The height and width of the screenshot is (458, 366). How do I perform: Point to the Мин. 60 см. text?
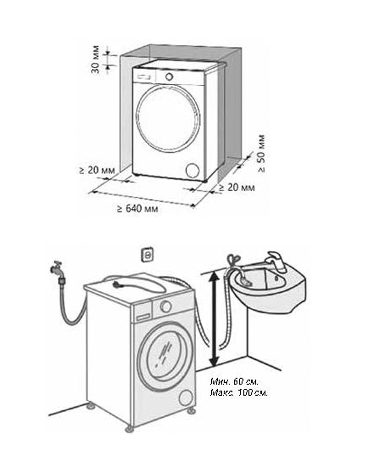pos(235,381)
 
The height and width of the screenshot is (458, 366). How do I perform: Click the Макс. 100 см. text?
pos(239,393)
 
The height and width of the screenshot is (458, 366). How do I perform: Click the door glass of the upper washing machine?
pos(168,119)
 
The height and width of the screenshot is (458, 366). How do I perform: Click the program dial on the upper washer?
pos(169,76)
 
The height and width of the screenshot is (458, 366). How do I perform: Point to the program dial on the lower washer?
pos(166,305)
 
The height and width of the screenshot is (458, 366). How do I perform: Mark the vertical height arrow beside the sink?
pos(213,319)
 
